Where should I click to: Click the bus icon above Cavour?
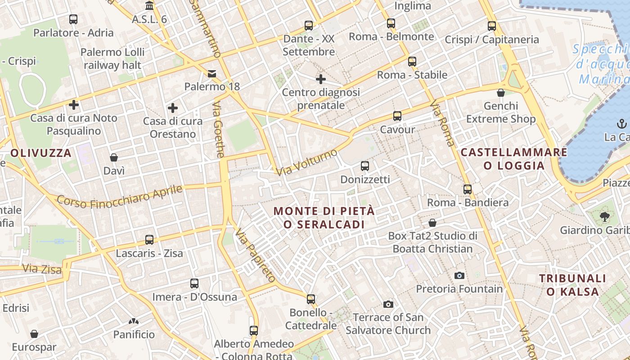(397, 116)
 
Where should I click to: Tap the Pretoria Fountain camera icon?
(459, 275)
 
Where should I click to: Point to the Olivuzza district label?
(41, 153)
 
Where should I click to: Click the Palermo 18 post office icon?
(211, 73)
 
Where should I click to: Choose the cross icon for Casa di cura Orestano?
(172, 108)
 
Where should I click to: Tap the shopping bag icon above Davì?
(114, 157)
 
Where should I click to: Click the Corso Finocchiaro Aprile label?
(120, 197)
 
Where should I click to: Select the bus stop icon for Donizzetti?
(365, 166)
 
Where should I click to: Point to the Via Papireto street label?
(255, 256)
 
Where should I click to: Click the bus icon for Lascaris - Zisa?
(149, 240)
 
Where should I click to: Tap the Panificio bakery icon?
(134, 321)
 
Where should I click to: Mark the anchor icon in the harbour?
(621, 124)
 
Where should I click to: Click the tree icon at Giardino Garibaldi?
(604, 217)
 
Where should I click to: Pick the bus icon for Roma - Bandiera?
(468, 189)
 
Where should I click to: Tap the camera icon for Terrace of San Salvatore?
(388, 305)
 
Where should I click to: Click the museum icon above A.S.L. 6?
(149, 6)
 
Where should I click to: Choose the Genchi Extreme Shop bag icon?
(501, 93)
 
